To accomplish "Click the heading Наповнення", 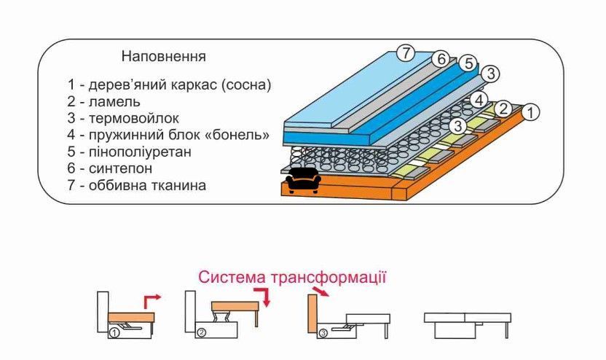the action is [x=163, y=56].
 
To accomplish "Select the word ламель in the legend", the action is [x=114, y=102].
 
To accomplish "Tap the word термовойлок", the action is [x=134, y=118].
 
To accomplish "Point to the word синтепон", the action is [x=121, y=168].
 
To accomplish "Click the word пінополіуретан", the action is [x=140, y=152].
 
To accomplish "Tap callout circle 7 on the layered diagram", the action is [x=406, y=52].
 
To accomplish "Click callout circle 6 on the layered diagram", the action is [x=441, y=59].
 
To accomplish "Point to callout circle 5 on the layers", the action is [x=469, y=63].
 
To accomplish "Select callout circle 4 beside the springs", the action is [x=479, y=101].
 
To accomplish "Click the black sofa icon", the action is [x=304, y=181].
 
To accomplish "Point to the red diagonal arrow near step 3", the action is [x=320, y=291].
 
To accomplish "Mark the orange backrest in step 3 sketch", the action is [x=312, y=313].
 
